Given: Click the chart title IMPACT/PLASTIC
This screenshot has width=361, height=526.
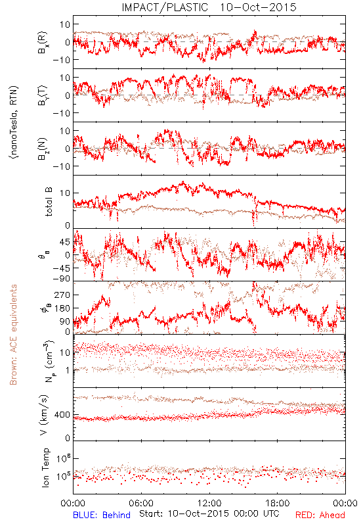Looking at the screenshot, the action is tap(165, 7).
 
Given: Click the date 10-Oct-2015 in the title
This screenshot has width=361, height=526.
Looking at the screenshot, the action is tap(258, 7).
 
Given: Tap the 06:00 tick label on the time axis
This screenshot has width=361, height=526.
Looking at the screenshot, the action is tap(141, 503).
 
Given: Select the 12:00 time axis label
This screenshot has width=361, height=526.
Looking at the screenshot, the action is tap(209, 503).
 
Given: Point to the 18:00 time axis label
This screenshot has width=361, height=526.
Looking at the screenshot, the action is tap(278, 503).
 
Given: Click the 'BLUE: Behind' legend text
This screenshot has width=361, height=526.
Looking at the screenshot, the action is tap(102, 515).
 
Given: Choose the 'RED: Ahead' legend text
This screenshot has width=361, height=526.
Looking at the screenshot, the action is tap(320, 515).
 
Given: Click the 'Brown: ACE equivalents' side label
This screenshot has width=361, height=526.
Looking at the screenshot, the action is tap(13, 335).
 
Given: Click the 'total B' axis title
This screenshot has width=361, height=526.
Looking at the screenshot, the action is tap(48, 202).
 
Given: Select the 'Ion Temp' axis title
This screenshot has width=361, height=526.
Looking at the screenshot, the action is tap(45, 467).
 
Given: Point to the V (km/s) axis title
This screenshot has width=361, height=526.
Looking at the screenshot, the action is tap(44, 415).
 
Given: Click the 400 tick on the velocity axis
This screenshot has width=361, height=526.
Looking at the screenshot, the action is tap(62, 415).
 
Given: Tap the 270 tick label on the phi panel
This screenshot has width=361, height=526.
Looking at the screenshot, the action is tap(62, 295).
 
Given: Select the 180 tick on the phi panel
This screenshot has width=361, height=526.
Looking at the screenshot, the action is tap(62, 308).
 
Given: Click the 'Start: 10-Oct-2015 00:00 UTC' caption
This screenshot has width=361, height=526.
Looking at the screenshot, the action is tap(209, 514).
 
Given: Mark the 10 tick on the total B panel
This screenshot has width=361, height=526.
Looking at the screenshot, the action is tap(65, 193).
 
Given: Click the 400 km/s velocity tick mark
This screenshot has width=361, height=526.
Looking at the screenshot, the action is tap(75, 415).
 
